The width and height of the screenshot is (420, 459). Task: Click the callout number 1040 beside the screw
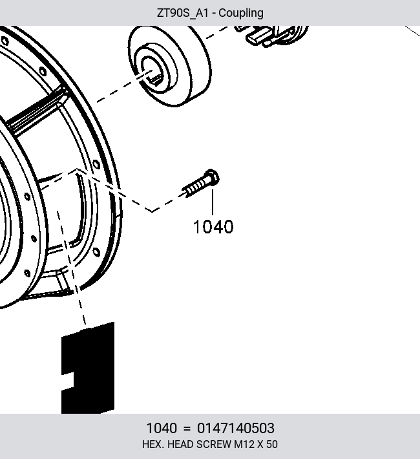213,227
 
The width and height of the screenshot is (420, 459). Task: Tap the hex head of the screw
211,176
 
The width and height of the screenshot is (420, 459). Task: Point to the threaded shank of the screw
194,187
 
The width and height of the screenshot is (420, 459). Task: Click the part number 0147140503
236,428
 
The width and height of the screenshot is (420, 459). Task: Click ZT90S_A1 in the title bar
183,13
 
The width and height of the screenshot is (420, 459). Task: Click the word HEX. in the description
153,444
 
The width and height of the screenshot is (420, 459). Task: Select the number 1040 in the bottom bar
162,428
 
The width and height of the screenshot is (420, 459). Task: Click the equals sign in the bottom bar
187,429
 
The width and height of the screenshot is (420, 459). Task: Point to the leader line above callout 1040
213,202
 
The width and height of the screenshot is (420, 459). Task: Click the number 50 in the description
272,444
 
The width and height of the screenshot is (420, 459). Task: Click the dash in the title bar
214,14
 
